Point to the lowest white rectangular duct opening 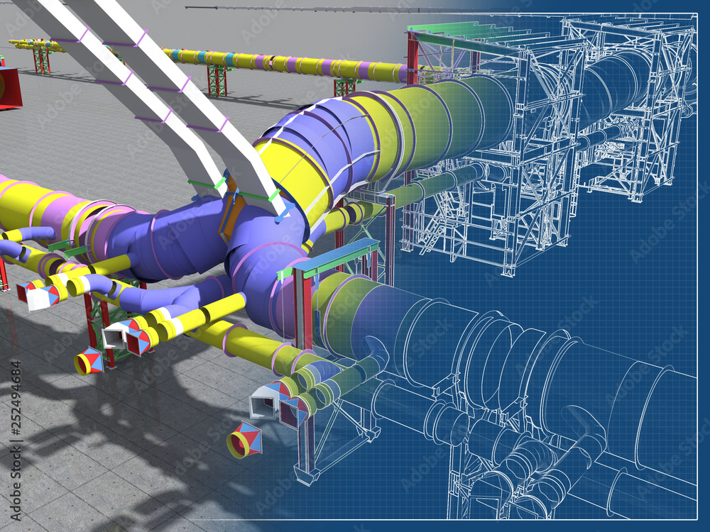click(x=263, y=403)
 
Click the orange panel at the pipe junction click(x=231, y=213)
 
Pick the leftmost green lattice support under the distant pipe click(x=42, y=60)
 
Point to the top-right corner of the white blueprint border click(x=697, y=12)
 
